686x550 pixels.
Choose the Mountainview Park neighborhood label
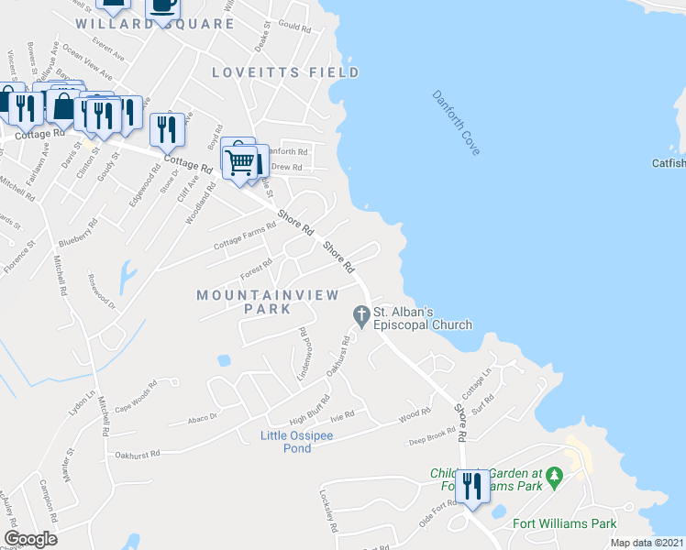pyautogui.click(x=268, y=302)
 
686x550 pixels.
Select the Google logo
pyautogui.click(x=30, y=539)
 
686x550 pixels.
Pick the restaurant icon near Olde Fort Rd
pyautogui.click(x=472, y=486)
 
